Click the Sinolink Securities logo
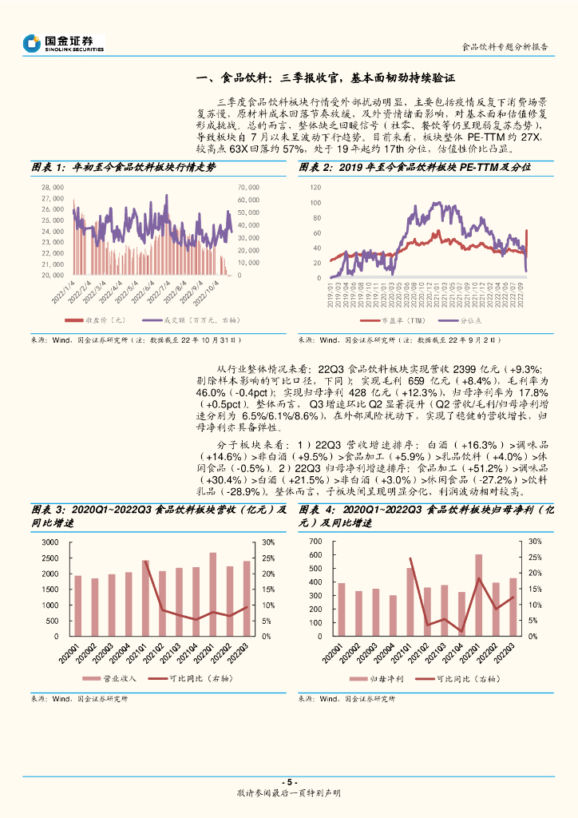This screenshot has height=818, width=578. point(63,43)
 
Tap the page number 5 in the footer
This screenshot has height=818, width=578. point(289,782)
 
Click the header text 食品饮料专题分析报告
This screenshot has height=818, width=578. point(505,46)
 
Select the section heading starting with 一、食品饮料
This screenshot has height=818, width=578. point(325,78)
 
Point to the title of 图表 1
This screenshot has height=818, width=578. point(123,167)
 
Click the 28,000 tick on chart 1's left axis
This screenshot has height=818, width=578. point(52,187)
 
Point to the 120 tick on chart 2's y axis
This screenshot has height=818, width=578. point(315,187)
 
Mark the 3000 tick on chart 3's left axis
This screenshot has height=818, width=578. point(49,542)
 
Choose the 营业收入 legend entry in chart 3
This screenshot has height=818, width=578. point(114,679)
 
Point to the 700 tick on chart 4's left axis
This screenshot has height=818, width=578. point(314,542)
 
